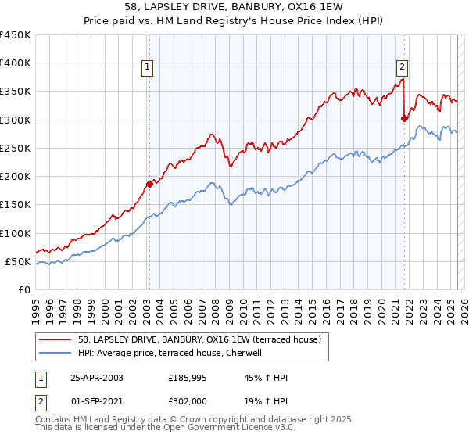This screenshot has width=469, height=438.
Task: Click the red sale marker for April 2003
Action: [149, 185]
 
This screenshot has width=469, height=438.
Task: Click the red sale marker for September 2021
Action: [404, 119]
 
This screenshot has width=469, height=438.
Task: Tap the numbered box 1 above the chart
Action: [148, 68]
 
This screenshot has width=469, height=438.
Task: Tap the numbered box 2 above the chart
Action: [402, 68]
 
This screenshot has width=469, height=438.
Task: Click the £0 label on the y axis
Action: [25, 289]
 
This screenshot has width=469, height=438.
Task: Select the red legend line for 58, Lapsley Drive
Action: [55, 339]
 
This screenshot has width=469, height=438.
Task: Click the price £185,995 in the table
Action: [188, 378]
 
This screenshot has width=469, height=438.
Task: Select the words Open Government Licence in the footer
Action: [216, 429]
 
